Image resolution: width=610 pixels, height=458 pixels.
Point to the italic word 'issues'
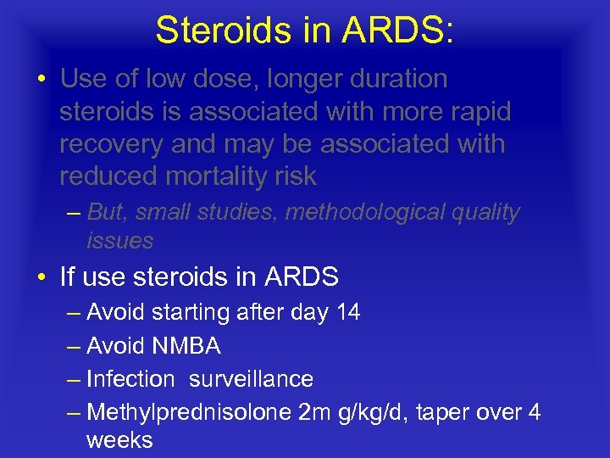[119, 241]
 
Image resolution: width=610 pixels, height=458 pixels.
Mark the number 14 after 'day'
[348, 312]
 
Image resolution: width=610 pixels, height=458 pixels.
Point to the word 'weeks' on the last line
[119, 440]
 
